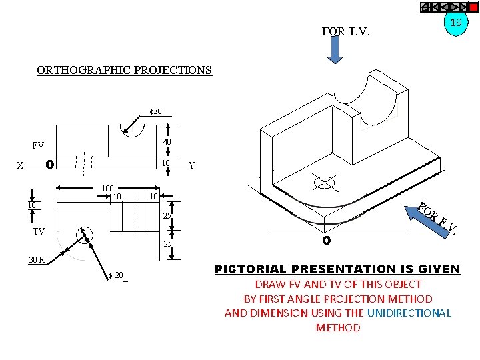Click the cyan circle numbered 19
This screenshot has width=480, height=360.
pyautogui.click(x=456, y=23)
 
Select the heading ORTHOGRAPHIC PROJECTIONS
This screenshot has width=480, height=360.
pyautogui.click(x=124, y=70)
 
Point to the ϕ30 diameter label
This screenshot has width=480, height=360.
pyautogui.click(x=155, y=111)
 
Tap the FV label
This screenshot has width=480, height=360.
pyautogui.click(x=38, y=145)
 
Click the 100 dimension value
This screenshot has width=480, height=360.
pyautogui.click(x=107, y=189)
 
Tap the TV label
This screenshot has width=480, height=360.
pyautogui.click(x=39, y=231)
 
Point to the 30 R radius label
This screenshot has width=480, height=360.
pyautogui.click(x=36, y=260)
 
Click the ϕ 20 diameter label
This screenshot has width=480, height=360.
pyautogui.click(x=115, y=276)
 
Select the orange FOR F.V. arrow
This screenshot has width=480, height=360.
pyautogui.click(x=430, y=216)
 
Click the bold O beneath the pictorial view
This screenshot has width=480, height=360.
pyautogui.click(x=326, y=240)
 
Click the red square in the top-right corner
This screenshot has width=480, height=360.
pyautogui.click(x=473, y=7)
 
